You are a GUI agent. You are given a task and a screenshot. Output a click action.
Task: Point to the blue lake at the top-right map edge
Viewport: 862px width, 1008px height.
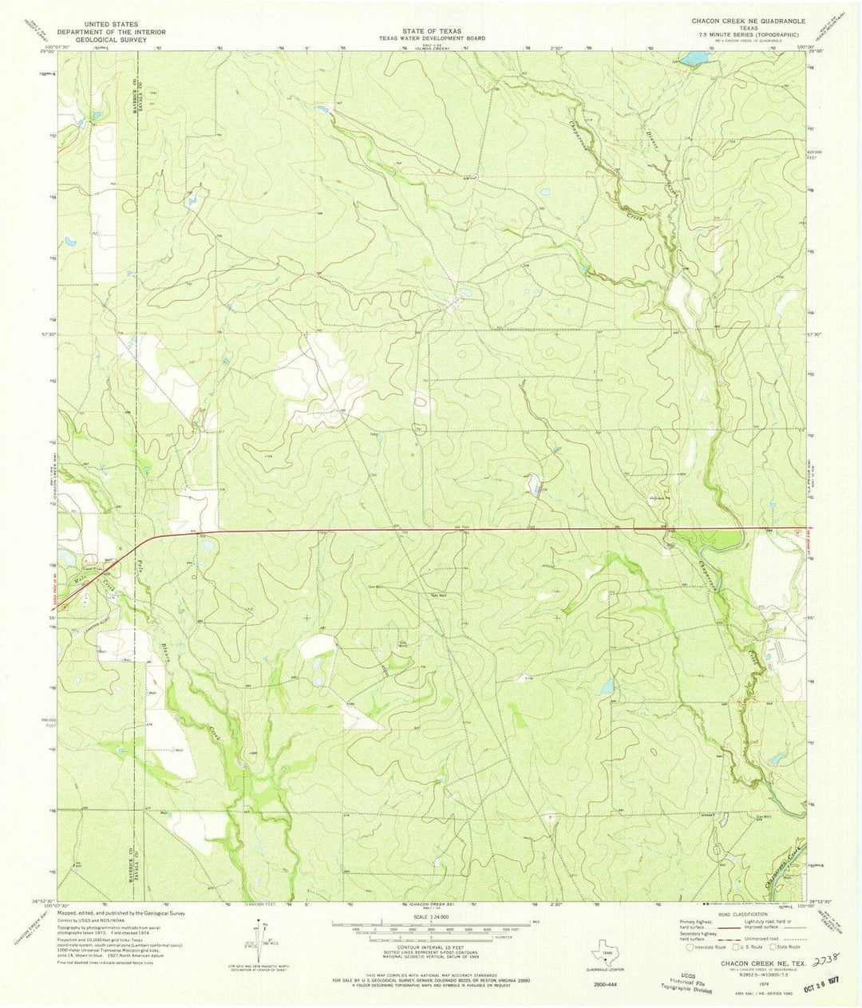(694, 57)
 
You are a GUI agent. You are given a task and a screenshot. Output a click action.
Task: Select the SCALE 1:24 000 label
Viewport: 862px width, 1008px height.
(431, 918)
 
